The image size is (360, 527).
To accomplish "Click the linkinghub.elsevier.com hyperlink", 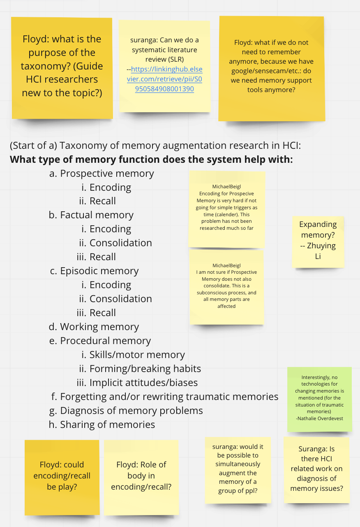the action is point(165,79).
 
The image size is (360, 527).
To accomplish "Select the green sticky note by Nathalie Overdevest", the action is point(319,399).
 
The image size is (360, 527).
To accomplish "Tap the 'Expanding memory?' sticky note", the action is point(318,242).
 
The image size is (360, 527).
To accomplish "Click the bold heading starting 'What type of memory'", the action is point(151,159).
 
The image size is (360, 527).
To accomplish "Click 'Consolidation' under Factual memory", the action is point(121,243).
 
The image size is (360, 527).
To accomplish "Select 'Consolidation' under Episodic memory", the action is point(121,299).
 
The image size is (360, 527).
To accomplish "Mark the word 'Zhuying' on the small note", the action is point(321,245).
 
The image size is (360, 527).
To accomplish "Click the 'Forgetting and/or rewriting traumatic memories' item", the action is point(169,397).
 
